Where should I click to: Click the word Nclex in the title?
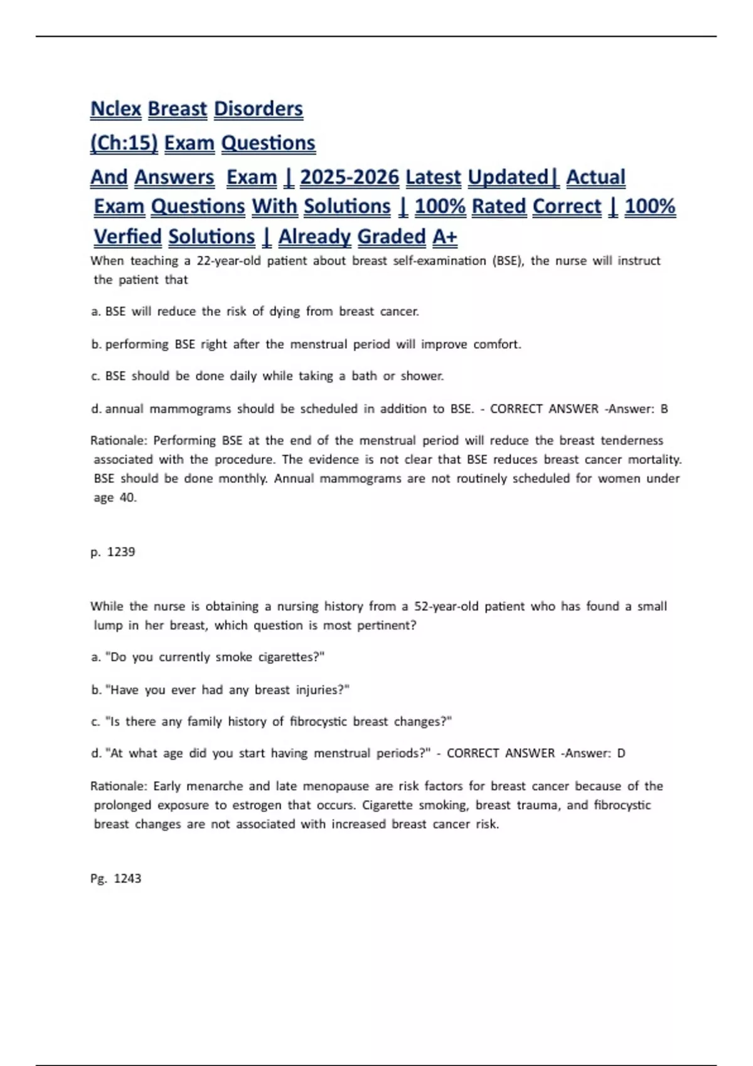coord(116,108)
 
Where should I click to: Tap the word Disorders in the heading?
coord(258,108)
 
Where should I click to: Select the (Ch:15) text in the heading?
coord(124,143)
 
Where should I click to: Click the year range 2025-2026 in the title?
coord(349,177)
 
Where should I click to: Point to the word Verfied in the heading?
coord(127,236)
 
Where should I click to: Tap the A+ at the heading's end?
coord(444,236)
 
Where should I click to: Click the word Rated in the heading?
coord(498,206)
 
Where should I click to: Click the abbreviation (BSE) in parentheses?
coord(508,261)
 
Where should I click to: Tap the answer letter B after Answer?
coord(664,409)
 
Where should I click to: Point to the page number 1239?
coord(121,552)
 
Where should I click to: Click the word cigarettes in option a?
coord(291,657)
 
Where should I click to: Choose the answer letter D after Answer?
coord(621,753)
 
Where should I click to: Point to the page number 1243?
coord(127,879)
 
